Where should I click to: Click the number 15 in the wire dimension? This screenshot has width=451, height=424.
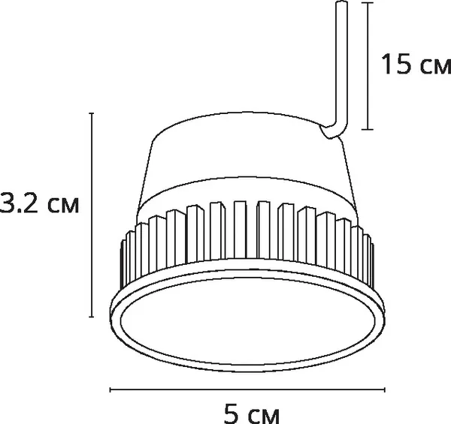[x=395, y=65]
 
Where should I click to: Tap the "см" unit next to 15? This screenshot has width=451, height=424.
[x=431, y=68]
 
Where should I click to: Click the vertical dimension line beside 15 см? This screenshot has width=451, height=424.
[x=368, y=65]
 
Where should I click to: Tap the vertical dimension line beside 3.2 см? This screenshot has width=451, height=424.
[x=91, y=214]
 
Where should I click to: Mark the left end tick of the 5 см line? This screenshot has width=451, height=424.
[x=111, y=389]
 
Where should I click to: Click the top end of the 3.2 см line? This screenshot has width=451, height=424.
[x=91, y=113]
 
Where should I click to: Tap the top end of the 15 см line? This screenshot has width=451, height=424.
[x=368, y=3]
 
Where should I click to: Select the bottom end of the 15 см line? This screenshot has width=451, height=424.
[x=368, y=129]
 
